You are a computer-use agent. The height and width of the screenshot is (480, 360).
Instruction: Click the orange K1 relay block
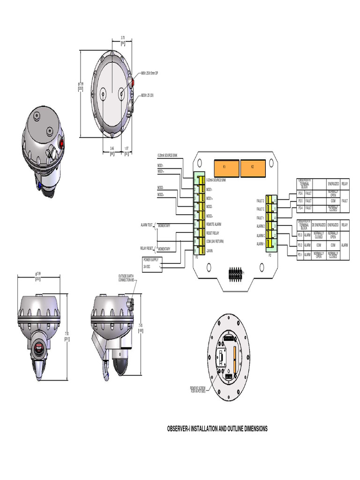pos(225,167)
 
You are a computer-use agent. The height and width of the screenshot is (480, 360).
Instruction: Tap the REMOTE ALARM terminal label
pos(214,225)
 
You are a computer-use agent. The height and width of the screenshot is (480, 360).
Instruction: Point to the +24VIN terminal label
pos(210,251)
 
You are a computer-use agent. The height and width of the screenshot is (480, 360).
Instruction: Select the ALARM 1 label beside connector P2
pos(261,244)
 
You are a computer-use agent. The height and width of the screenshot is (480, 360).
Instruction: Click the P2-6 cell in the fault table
pos(300,193)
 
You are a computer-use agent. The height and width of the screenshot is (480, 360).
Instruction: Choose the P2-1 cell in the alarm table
pos(300,255)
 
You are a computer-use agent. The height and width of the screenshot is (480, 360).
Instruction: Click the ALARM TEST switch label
pos(147,225)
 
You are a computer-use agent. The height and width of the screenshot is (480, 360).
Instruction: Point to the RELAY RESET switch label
pos(147,248)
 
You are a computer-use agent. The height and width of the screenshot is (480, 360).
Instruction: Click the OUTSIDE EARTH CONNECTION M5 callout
pos(127,278)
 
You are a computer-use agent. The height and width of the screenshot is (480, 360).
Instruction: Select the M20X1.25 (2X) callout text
pos(150,94)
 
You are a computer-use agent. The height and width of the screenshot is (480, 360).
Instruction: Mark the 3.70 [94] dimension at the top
pos(123,39)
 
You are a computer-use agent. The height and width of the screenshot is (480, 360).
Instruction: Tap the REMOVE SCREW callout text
pos(198,389)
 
